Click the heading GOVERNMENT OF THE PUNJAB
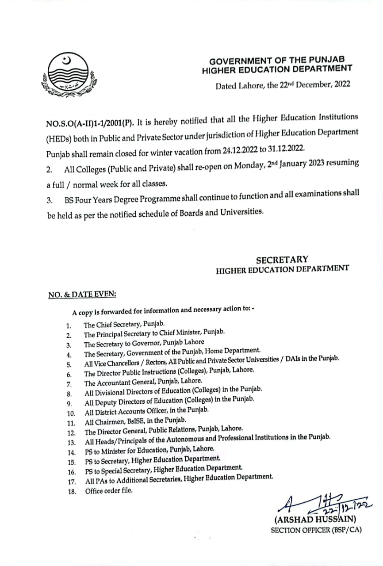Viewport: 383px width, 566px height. pos(277,60)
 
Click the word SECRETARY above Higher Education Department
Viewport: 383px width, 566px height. pos(282,260)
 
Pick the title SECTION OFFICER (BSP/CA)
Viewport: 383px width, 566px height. pos(316,530)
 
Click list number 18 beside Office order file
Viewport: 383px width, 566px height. pos(72,491)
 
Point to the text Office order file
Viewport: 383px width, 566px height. pos(109,490)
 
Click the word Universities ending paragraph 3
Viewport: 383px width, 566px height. pos(241,211)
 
